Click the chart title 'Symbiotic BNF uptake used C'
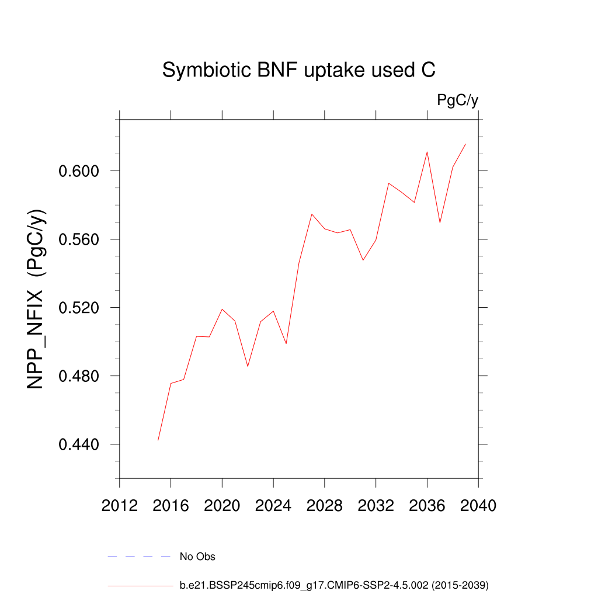tap(298, 71)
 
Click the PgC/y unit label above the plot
tap(458, 100)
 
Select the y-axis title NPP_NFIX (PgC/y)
tap(37, 299)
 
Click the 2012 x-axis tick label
tap(120, 506)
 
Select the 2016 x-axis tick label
tap(171, 506)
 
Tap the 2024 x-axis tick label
tap(273, 506)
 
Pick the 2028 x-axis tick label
tap(325, 506)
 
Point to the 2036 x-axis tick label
tap(427, 506)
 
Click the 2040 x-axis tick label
tap(478, 506)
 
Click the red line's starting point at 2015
tap(158, 440)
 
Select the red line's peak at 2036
tap(427, 152)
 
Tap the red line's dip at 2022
tap(248, 366)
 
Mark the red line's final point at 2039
tap(465, 144)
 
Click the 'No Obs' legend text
tap(197, 557)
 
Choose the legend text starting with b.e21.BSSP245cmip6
tap(334, 585)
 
